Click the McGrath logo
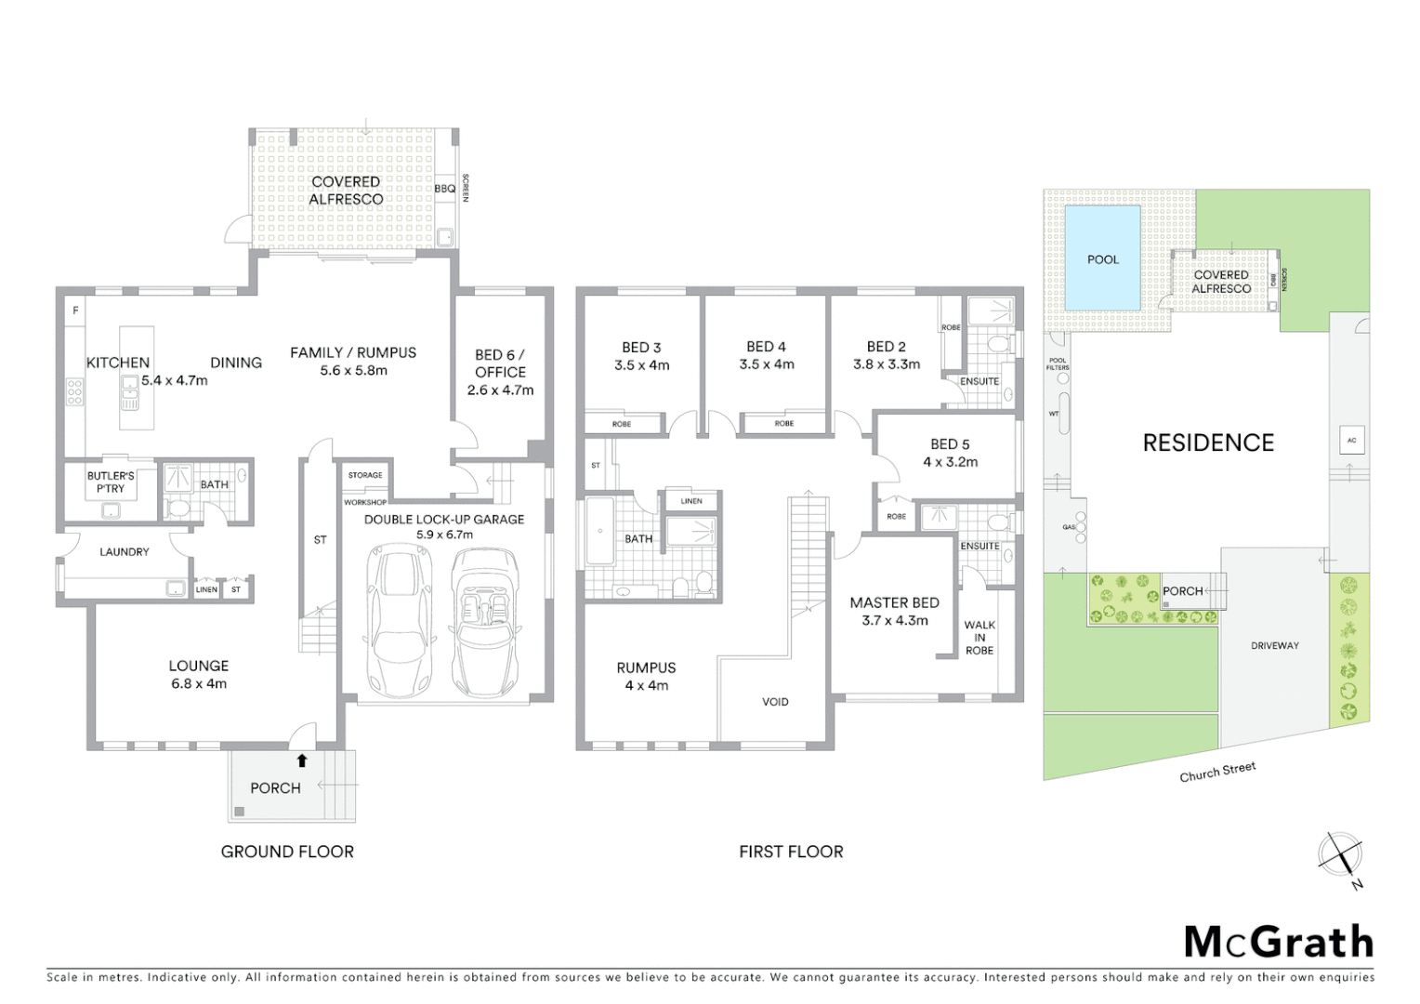[x=1279, y=942]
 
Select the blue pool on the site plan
[x=1102, y=258]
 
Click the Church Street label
[x=1217, y=772]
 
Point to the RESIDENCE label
[x=1208, y=443]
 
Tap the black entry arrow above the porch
[x=301, y=760]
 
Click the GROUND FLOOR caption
[x=287, y=851]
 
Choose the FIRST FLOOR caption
[x=791, y=851]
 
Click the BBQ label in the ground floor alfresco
[x=445, y=189]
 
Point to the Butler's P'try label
[x=111, y=482]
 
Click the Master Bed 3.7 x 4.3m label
[x=894, y=612]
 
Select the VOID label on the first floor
[x=775, y=702]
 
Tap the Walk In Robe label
[x=980, y=638]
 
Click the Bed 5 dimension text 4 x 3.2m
[x=950, y=462]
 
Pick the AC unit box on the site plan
[x=1351, y=441]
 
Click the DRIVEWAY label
[x=1274, y=645]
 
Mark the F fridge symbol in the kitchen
[x=75, y=310]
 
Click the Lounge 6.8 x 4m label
[x=199, y=674]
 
